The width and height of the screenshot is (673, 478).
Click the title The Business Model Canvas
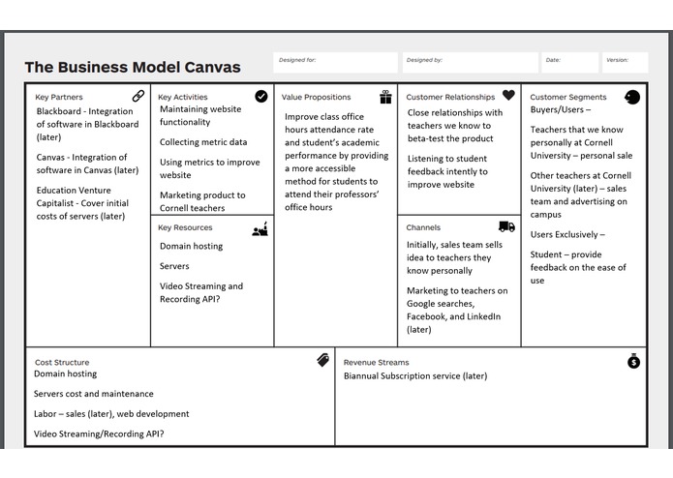(133, 68)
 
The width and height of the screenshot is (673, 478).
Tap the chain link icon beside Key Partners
(138, 96)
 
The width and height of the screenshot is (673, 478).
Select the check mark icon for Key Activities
(261, 96)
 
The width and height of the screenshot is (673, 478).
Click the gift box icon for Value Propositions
(385, 97)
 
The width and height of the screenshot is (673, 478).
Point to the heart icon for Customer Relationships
(508, 96)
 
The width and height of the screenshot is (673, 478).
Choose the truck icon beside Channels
(506, 226)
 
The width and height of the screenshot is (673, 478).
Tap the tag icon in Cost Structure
(322, 360)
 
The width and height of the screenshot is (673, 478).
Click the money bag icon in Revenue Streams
(633, 361)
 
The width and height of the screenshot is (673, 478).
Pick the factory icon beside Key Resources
(260, 229)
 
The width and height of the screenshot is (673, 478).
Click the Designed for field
(335, 63)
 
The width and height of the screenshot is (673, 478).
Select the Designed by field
(471, 63)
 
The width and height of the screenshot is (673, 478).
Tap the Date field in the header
(568, 63)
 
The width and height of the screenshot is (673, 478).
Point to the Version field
(625, 63)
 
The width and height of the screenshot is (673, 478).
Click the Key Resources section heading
(187, 228)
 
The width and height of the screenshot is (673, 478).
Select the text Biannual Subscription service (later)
(415, 375)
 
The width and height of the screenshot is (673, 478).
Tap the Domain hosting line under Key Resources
(191, 246)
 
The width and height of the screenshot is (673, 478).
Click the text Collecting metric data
(203, 142)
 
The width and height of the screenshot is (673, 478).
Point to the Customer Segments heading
(568, 97)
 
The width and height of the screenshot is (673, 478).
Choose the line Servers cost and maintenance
(93, 394)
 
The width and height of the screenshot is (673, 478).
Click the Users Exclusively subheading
(566, 234)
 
